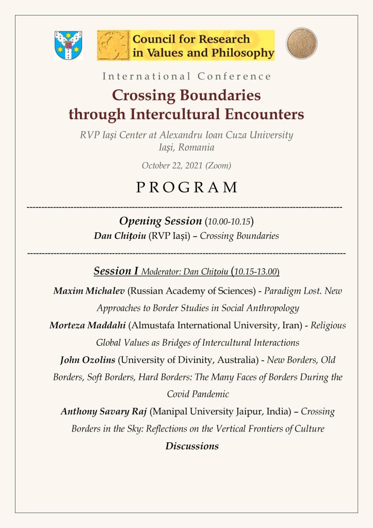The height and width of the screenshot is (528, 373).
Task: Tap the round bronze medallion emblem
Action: pos(302,43)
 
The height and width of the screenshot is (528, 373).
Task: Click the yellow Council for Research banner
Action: pos(186,45)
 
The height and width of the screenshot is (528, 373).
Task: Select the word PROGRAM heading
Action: pos(187,187)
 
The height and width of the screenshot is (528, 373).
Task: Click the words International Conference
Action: pos(187,76)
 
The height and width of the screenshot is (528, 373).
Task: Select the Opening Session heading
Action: pos(160,221)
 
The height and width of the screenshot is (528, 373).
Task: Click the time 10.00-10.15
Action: pos(229,222)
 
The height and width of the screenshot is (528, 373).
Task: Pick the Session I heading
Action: pos(116,270)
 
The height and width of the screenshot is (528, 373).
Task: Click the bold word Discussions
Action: pos(192,446)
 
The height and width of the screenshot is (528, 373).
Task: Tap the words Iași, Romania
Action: pos(187,148)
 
